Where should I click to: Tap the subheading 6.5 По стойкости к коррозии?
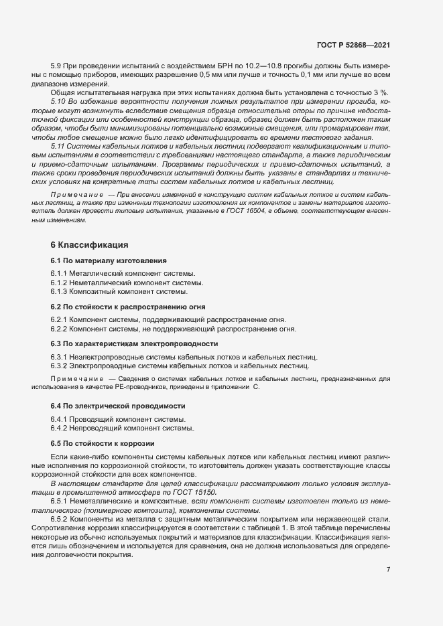click(103, 443)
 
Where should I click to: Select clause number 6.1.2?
click(58, 283)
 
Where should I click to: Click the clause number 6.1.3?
click(58, 291)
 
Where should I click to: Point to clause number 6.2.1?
click(58, 320)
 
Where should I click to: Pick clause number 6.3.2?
click(58, 366)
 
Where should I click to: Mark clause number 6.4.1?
click(58, 419)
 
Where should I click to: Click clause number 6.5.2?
click(58, 520)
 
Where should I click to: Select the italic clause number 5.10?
click(58, 99)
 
